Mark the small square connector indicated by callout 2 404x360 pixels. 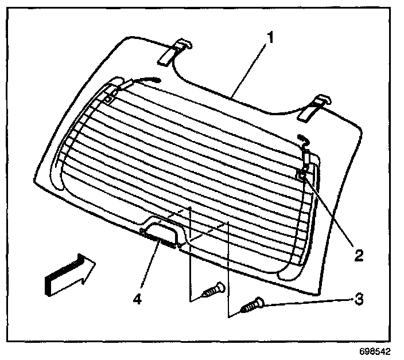tap(301, 176)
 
